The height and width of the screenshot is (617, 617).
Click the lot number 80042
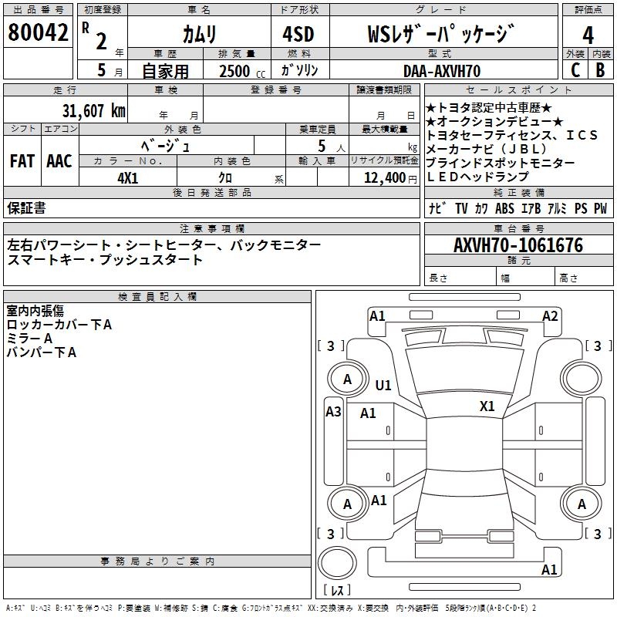click(x=36, y=32)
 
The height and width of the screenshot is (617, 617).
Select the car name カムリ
click(x=199, y=34)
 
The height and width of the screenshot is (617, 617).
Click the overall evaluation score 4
click(x=588, y=35)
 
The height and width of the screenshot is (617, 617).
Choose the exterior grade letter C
click(x=575, y=70)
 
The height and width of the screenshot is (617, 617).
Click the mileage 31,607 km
click(x=93, y=111)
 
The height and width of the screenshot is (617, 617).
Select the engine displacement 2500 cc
click(x=239, y=71)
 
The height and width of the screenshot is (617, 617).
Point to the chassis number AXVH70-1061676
click(x=518, y=246)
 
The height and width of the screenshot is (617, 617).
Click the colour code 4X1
click(x=127, y=177)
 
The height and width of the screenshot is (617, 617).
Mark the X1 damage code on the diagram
click(x=487, y=406)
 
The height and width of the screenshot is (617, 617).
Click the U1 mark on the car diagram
click(x=383, y=385)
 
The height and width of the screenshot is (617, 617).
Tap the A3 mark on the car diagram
click(x=333, y=412)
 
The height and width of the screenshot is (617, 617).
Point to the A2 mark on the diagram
click(x=550, y=316)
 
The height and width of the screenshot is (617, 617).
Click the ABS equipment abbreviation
click(x=504, y=208)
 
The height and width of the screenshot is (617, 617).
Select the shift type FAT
click(x=22, y=161)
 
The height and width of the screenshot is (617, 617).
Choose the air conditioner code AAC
click(x=59, y=161)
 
